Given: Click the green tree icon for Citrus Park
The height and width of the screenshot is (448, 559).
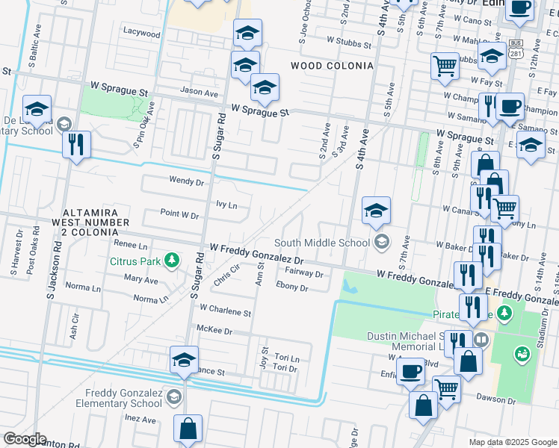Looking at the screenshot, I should coord(173,261).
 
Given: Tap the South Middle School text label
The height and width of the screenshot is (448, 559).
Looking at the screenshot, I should coord(321,243).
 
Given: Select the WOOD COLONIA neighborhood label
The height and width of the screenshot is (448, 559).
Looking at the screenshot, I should coord(332,66).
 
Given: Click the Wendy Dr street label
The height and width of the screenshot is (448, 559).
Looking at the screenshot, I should coord(186,181).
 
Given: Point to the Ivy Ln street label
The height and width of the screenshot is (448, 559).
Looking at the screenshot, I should coord(226,205).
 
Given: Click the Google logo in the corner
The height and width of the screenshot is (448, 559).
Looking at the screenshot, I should coord(24,439).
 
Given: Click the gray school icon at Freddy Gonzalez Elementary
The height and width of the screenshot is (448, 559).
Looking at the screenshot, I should coord(174,396).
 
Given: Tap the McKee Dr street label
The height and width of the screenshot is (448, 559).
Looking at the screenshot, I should coord(214,329).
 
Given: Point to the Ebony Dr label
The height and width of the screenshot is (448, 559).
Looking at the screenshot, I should coord(291,287).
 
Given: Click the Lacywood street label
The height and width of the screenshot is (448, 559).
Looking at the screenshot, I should coord(142,34).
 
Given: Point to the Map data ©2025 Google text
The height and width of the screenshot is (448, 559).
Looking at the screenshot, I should coord(512,442).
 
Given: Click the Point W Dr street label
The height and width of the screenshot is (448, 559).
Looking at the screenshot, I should coord(179,214).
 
